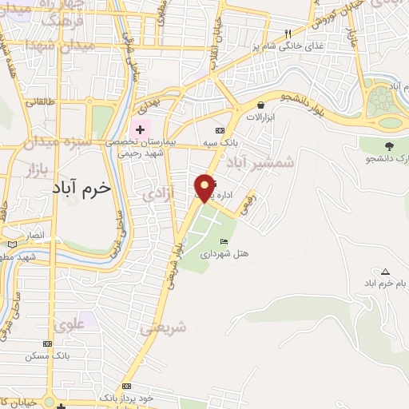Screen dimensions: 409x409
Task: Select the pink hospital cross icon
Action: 140,129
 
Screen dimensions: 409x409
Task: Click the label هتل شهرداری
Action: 233,254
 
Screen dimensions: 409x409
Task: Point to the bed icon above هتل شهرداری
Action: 224,241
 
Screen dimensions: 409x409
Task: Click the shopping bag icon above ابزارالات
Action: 260,104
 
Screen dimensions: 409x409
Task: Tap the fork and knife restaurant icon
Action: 288,34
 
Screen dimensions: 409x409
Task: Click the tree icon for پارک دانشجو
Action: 389,145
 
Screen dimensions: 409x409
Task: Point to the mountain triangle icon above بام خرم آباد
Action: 386,272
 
